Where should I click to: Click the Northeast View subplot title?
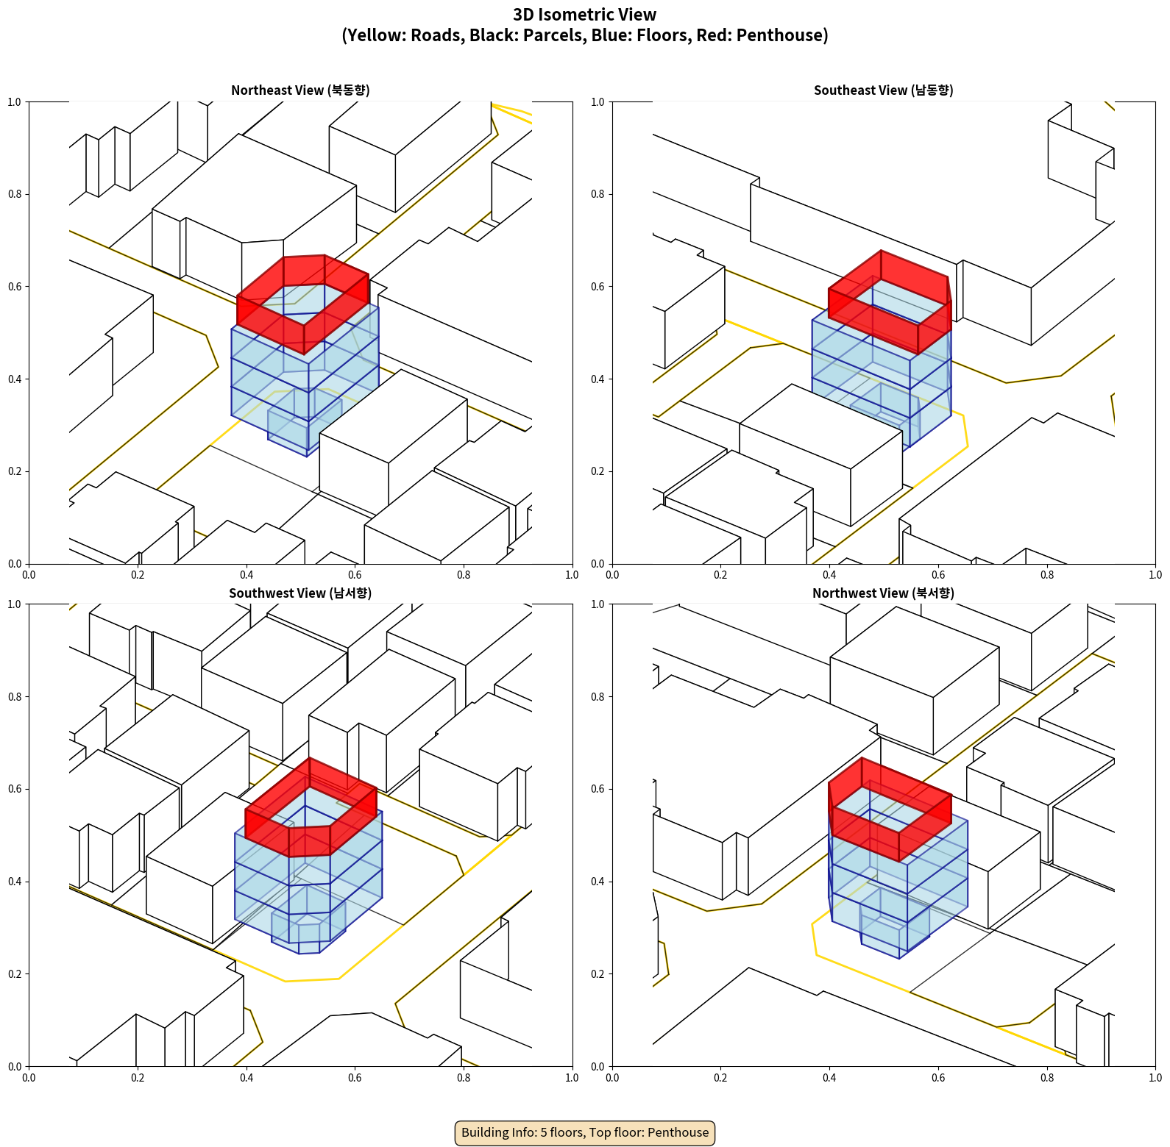300,90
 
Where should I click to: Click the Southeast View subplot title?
883,90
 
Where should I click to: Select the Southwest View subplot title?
300,593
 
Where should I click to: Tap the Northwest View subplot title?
883,593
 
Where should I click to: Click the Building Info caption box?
585,1132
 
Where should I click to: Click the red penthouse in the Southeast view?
890,301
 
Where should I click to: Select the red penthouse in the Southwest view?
311,807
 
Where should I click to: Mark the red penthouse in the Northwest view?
890,809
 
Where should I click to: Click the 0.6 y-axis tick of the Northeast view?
15,287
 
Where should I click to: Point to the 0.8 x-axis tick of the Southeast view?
1047,575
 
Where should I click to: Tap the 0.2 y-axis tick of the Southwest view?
15,974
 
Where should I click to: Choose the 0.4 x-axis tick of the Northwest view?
829,1078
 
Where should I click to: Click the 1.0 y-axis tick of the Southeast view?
598,102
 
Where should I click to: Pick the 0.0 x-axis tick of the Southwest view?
29,1078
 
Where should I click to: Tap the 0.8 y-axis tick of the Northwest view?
598,697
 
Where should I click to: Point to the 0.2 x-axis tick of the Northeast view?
138,575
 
